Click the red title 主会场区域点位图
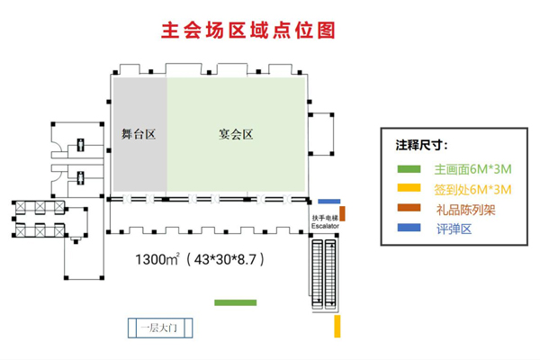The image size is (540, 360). tap(247, 31)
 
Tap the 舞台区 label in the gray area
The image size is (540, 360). tap(139, 135)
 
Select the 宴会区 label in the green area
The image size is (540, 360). tap(236, 135)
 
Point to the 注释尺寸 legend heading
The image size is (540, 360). tap(422, 144)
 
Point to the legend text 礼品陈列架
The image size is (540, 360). tap(467, 209)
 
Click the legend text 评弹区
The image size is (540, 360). tap(454, 229)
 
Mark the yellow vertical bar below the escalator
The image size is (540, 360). tap(337, 326)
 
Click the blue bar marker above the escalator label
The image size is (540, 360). tap(329, 202)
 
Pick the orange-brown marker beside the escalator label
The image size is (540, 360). tap(342, 214)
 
